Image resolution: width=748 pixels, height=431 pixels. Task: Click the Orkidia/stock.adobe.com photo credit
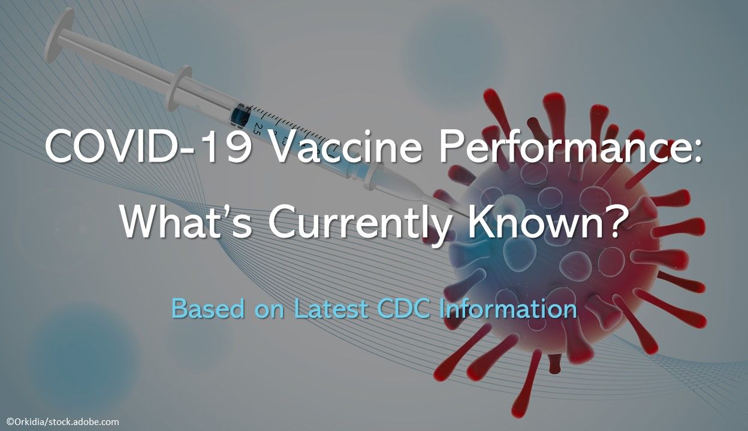pyautogui.click(x=62, y=421)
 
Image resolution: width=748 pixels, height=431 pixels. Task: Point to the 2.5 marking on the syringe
pyautogui.click(x=256, y=128)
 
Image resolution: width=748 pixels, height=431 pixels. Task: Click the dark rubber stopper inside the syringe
pyautogui.click(x=240, y=114)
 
